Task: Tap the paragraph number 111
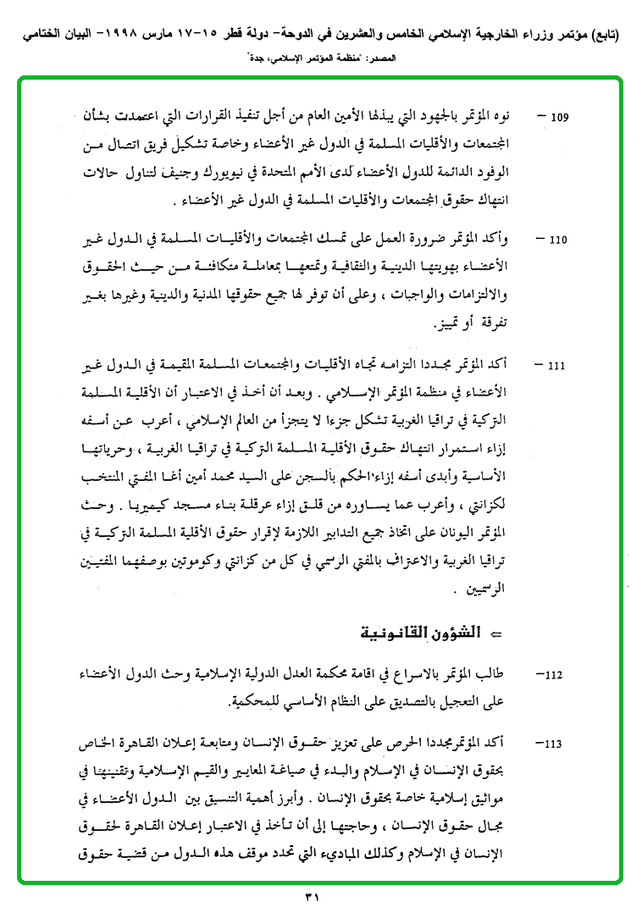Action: coord(556,366)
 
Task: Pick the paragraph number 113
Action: coord(555,744)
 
